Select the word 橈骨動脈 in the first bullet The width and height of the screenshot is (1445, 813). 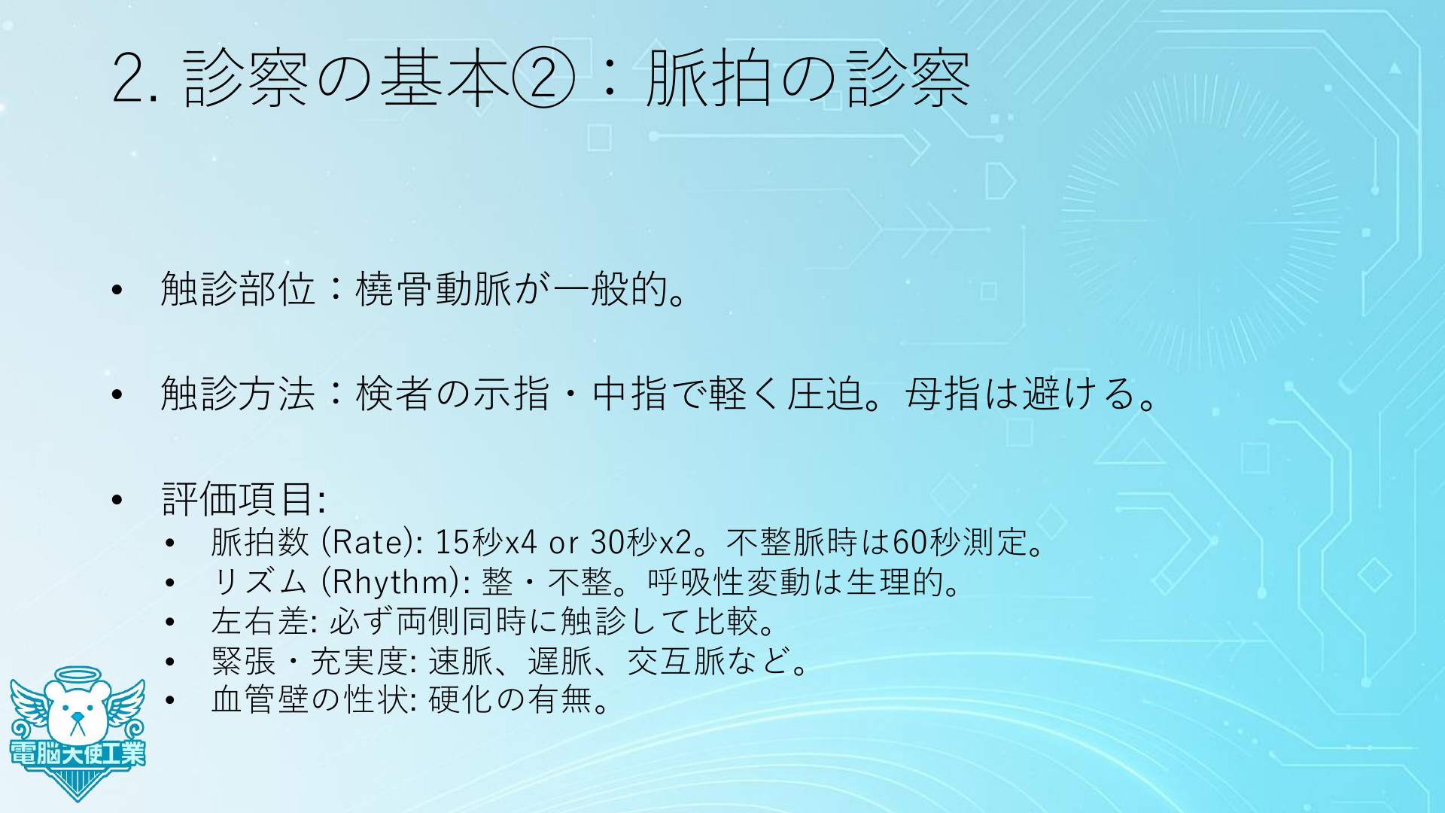coord(433,288)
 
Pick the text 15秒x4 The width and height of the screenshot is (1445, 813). coord(487,541)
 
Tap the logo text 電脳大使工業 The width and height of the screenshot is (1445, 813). coord(78,753)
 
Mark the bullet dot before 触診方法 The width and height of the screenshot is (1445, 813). coord(116,394)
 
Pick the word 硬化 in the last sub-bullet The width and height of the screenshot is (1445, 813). coord(461,702)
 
